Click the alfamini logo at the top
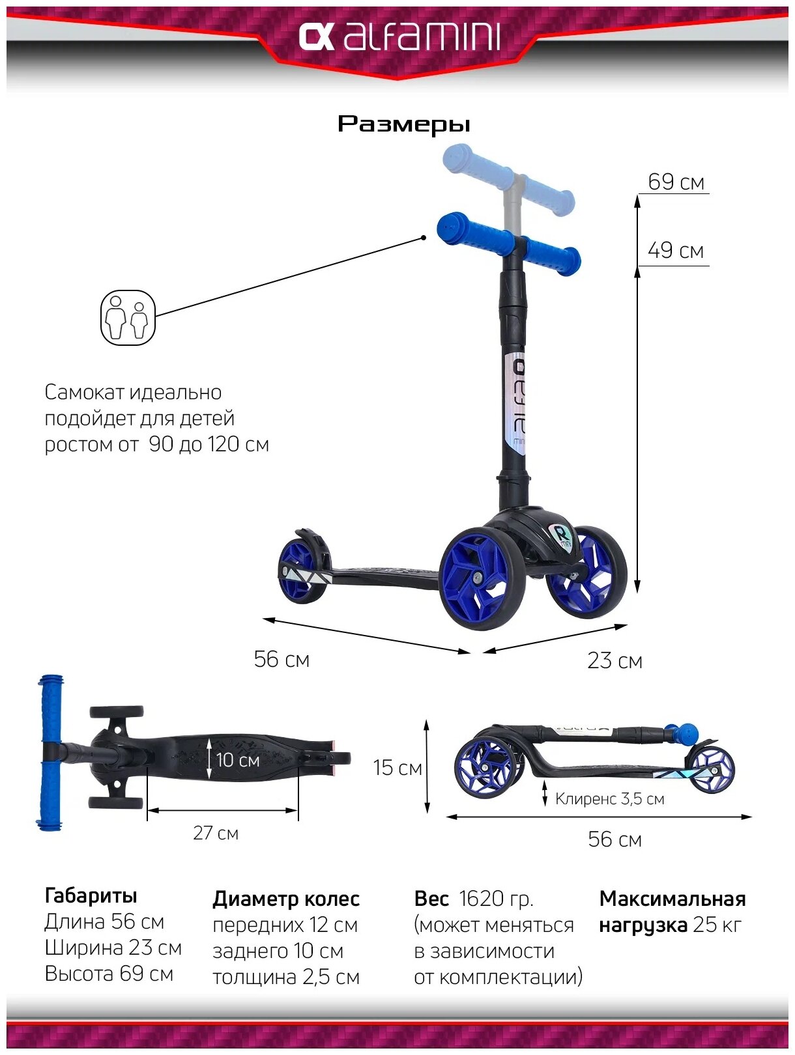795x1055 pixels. tap(399, 37)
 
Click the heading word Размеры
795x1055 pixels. tap(403, 124)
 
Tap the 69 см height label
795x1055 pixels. tap(676, 182)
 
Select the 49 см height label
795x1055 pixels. tap(676, 250)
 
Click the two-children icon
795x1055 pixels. tap(128, 318)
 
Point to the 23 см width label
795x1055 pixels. tap(614, 660)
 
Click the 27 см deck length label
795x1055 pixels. tap(216, 833)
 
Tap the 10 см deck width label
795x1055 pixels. tap(237, 760)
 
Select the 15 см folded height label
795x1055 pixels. tap(397, 768)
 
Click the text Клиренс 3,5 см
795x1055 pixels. tap(609, 799)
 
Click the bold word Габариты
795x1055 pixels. tap(91, 895)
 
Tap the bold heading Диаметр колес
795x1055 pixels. tap(285, 899)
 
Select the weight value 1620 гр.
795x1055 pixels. tap(496, 899)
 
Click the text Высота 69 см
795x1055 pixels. tap(109, 974)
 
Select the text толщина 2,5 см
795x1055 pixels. tap(285, 977)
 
